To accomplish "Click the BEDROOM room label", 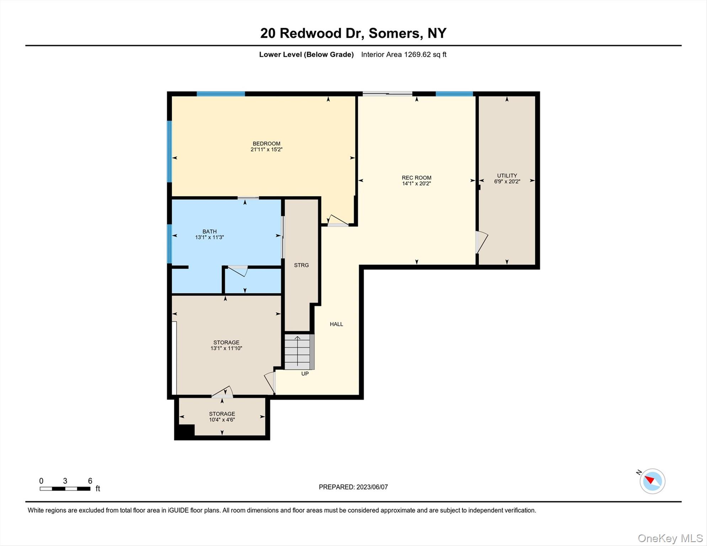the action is tap(266, 144).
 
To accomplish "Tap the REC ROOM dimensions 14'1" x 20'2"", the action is tap(416, 184).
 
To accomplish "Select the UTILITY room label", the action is tap(507, 176).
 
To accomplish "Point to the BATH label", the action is tap(209, 231).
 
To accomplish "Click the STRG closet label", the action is tap(301, 265).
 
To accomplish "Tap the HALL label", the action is tap(336, 324).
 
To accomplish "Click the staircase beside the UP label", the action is tap(299, 352).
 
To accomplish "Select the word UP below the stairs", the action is tap(305, 374).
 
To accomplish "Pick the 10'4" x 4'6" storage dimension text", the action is tap(222, 420).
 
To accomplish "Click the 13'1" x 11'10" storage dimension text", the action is tap(226, 348).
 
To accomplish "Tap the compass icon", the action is tap(652, 481).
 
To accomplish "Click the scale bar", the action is tap(65, 489).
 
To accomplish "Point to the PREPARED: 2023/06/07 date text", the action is tap(353, 487).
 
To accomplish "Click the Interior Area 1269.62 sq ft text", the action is tap(404, 54).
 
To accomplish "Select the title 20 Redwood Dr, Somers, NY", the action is tap(353, 33).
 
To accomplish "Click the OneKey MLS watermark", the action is tap(670, 539).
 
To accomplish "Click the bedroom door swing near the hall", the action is tap(337, 220).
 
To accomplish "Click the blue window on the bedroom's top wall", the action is tap(221, 94).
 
